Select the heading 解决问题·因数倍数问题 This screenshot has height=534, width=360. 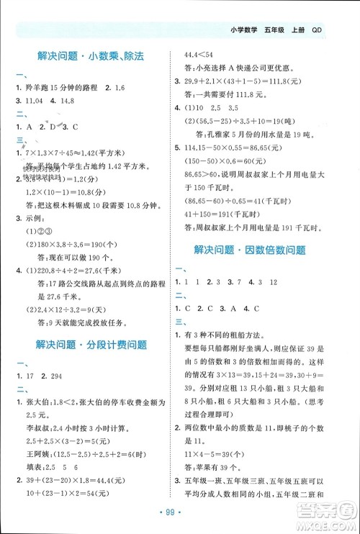click(260, 250)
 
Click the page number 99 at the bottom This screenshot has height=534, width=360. click(180, 520)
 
